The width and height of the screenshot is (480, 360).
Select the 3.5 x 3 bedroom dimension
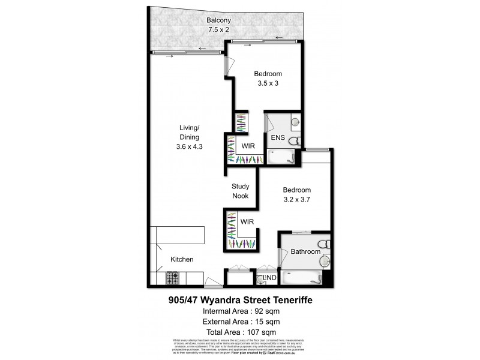click(x=268, y=83)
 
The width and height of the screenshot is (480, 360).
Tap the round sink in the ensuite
click(x=295, y=123)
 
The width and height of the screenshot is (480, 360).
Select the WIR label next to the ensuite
click(x=250, y=146)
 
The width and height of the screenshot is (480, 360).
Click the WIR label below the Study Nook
click(x=247, y=221)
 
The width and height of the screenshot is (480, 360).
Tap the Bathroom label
click(x=305, y=252)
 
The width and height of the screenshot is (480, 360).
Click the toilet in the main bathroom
click(x=323, y=245)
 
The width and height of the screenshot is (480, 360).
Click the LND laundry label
click(x=271, y=277)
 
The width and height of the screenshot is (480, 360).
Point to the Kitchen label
click(x=182, y=260)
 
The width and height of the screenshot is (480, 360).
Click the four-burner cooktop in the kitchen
click(x=172, y=278)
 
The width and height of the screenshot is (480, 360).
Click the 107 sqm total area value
click(x=260, y=332)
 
